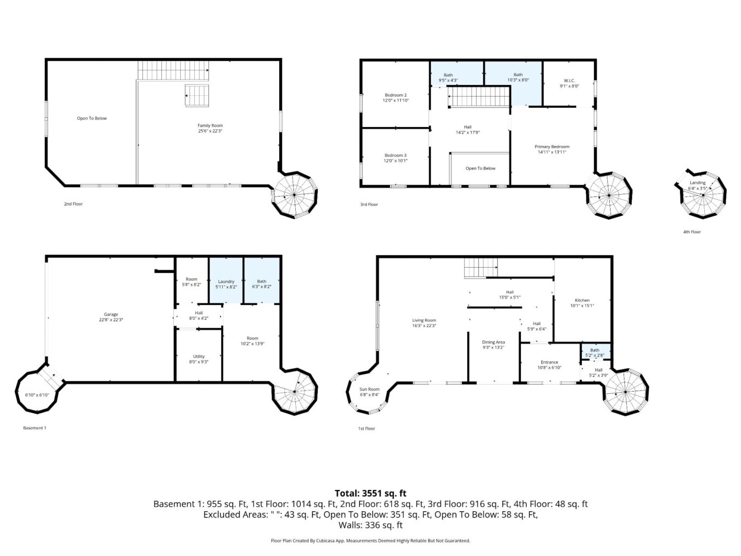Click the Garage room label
click(111, 314)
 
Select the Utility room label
click(199, 356)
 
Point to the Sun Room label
click(370, 389)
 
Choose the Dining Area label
click(493, 342)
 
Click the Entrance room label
click(549, 362)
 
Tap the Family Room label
click(210, 125)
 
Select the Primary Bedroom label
click(552, 147)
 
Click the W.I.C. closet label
click(569, 81)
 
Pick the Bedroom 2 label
click(395, 95)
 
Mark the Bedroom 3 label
click(395, 155)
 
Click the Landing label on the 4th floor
click(697, 183)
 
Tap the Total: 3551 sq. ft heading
click(370, 493)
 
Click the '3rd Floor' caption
click(369, 204)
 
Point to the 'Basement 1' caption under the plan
click(35, 428)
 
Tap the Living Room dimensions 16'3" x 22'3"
click(424, 326)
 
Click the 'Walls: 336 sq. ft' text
click(370, 525)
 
